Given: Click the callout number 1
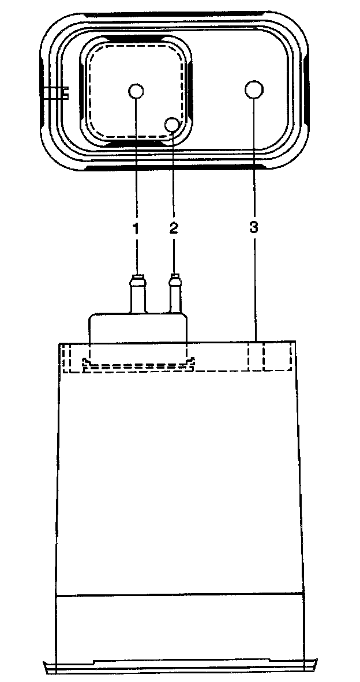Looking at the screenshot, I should click(136, 228).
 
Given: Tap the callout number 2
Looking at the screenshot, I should click(174, 228).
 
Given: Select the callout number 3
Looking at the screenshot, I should click(254, 228).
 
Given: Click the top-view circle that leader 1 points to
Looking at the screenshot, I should click(136, 91).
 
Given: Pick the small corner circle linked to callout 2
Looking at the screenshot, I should click(172, 124).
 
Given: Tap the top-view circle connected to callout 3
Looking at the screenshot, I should click(254, 90).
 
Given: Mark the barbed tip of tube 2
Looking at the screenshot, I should click(174, 282).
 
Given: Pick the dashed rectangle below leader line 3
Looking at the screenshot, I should click(271, 357).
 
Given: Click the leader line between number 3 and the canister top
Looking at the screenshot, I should click(254, 288).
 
